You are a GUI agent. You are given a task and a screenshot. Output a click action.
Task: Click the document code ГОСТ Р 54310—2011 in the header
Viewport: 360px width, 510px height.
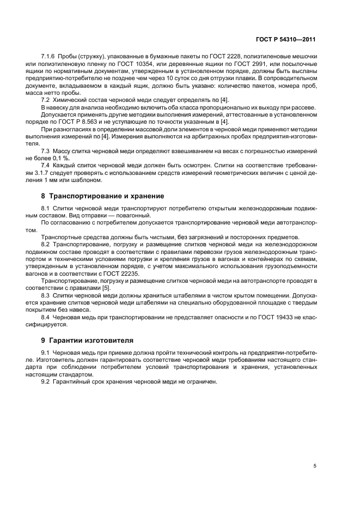coord(285,40)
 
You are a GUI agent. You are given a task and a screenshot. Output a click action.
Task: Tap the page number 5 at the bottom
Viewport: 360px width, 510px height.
coord(315,466)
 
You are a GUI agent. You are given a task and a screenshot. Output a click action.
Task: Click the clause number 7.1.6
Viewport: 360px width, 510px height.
coord(50,57)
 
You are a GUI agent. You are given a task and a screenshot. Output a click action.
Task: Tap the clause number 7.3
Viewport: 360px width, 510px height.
coord(46,149)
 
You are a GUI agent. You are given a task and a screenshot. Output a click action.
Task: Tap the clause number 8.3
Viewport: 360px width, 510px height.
coord(46,295)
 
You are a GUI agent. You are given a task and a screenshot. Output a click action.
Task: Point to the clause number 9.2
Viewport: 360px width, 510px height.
coord(46,382)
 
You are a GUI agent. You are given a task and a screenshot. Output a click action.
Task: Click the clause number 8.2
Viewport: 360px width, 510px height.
coord(46,245)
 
